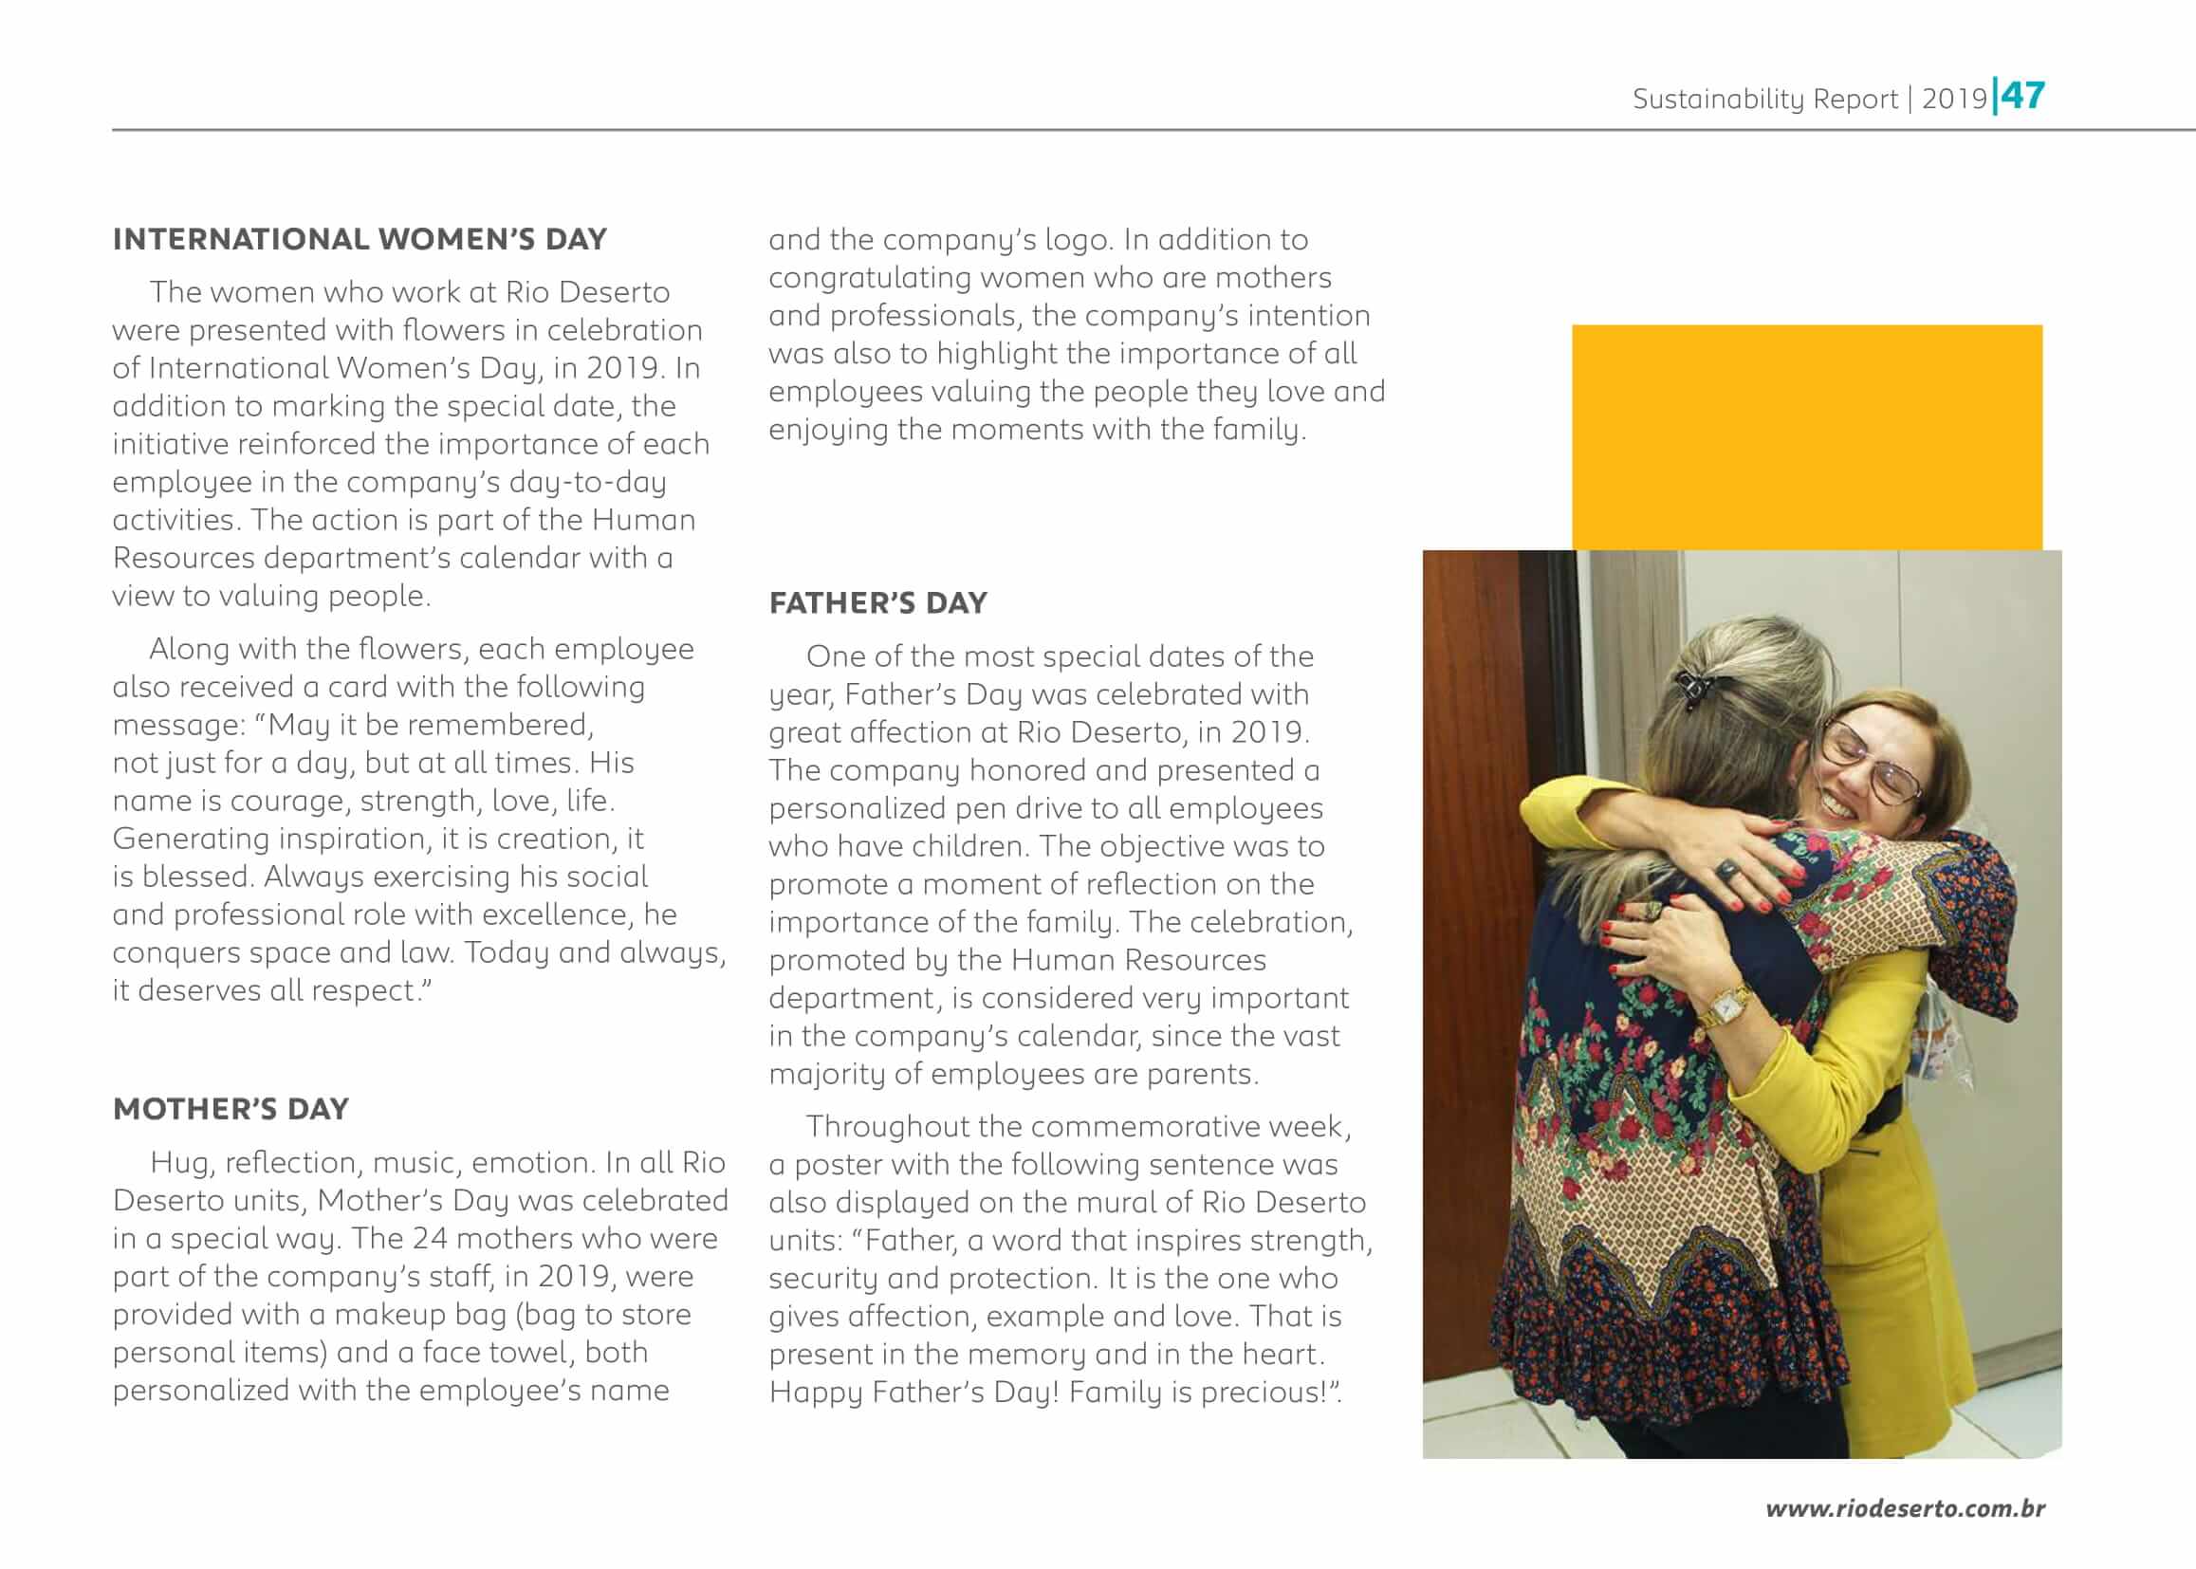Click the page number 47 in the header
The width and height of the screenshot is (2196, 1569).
2022,96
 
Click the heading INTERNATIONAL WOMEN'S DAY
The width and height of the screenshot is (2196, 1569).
360,239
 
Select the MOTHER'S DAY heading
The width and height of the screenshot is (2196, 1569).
231,1108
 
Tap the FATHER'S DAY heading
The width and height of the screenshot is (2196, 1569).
878,603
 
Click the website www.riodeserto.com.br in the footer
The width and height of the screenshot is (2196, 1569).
1905,1508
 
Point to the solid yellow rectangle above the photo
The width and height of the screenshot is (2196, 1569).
1807,436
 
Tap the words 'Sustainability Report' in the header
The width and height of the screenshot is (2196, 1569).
1764,99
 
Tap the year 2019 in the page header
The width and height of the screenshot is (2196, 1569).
1953,99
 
